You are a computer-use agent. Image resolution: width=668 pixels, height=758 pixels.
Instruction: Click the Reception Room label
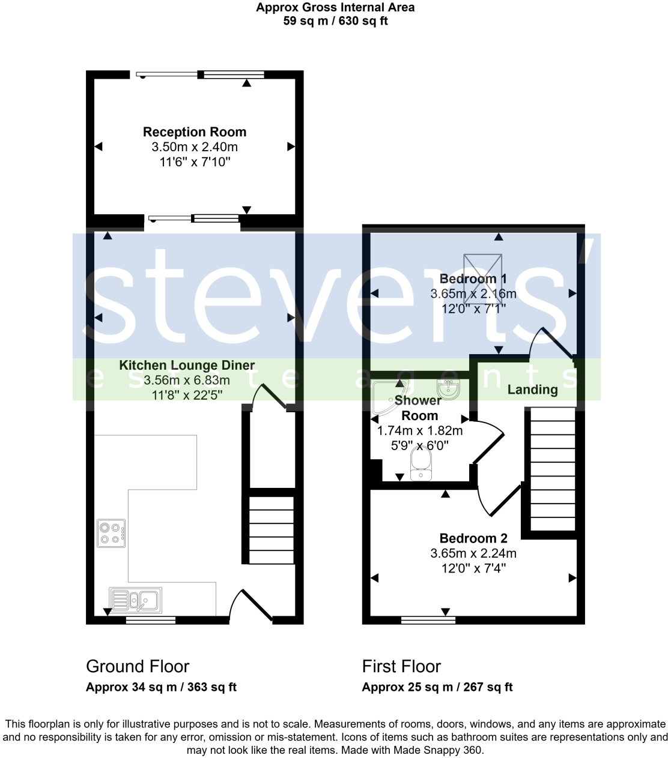pos(195,132)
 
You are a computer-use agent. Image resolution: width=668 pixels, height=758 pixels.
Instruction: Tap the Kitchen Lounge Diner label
pos(187,365)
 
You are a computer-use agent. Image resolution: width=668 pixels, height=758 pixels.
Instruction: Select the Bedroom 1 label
pos(473,279)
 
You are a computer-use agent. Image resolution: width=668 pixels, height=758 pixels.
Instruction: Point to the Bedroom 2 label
pos(473,538)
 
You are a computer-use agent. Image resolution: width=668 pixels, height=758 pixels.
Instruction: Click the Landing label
pos(532,390)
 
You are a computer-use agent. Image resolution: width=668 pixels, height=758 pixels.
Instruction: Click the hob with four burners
pos(111,533)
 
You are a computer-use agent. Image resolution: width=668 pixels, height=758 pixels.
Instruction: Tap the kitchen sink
pos(135,600)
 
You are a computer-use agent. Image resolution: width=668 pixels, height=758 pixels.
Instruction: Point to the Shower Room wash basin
pos(448,389)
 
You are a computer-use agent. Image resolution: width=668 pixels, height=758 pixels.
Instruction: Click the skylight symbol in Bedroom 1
pos(482,274)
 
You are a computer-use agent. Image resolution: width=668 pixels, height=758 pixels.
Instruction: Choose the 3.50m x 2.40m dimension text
pos(195,147)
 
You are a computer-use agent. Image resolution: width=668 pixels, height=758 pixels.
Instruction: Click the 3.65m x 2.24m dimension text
pos(473,553)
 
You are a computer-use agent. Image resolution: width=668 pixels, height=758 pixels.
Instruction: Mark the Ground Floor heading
pos(138,666)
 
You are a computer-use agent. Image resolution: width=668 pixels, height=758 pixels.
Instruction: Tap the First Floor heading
pos(401,666)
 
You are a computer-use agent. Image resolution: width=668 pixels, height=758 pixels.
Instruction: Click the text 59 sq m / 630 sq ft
pos(335,21)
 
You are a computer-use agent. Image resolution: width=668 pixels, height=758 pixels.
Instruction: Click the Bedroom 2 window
pos(428,620)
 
